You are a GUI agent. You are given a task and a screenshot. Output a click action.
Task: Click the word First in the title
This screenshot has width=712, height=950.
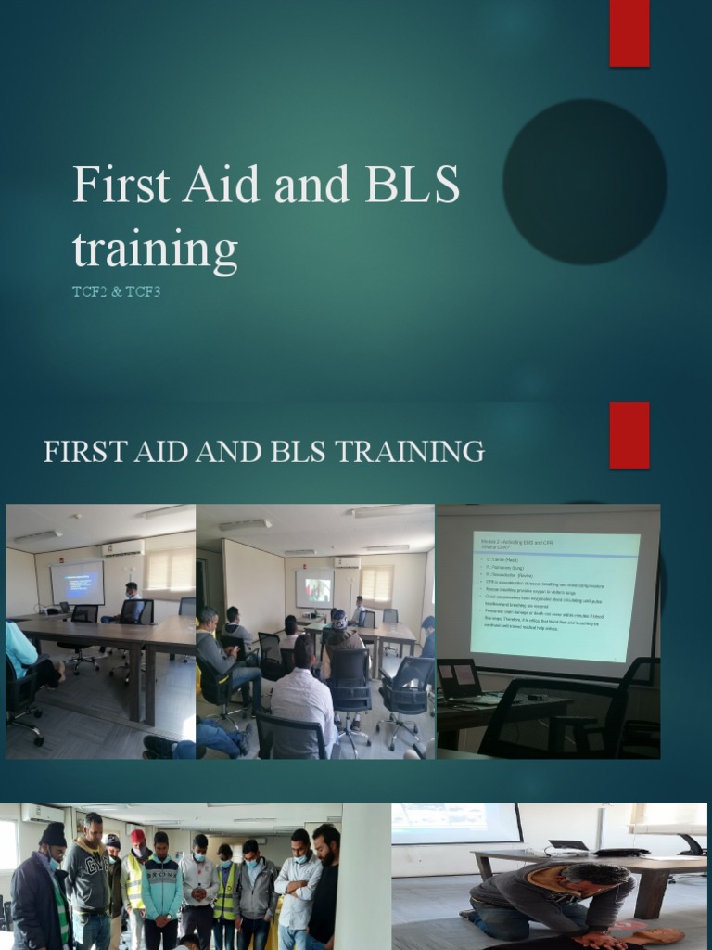[121, 186]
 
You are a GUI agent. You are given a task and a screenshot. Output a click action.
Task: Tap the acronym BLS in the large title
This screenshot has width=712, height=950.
[413, 186]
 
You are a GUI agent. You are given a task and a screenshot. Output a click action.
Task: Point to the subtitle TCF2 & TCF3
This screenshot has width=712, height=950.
[117, 292]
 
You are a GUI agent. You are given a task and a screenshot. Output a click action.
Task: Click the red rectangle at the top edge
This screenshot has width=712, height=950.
[629, 32]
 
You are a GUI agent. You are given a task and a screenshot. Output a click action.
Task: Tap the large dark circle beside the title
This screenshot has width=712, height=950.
[584, 181]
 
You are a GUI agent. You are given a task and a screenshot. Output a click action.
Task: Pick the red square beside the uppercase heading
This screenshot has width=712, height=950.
[629, 435]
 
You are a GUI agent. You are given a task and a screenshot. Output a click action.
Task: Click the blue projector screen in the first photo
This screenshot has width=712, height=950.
[77, 583]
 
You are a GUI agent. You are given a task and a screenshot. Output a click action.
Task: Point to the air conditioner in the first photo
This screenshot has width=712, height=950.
[123, 547]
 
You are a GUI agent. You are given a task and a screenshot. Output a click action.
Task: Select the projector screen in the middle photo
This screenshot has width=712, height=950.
[314, 589]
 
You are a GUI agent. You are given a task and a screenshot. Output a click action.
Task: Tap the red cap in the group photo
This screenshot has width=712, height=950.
[138, 837]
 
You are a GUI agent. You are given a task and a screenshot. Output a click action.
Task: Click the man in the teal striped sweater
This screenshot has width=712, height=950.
[161, 886]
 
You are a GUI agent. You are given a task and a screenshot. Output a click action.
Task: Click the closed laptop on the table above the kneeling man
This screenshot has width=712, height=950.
[568, 846]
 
